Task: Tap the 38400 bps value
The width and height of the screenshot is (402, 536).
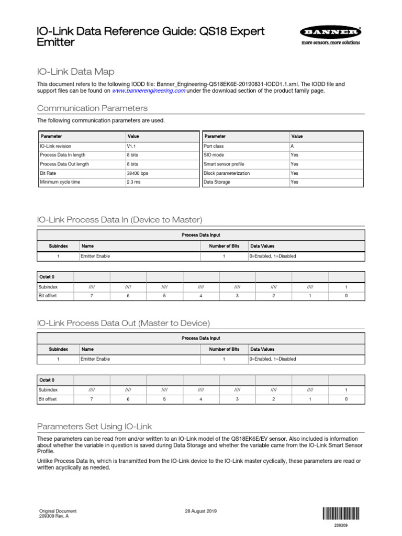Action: click(x=137, y=173)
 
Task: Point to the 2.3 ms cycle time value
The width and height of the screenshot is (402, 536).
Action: click(x=133, y=182)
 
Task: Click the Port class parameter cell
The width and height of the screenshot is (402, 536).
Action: click(x=214, y=146)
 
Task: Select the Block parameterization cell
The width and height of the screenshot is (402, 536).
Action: click(x=227, y=173)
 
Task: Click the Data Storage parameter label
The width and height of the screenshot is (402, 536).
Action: click(x=217, y=182)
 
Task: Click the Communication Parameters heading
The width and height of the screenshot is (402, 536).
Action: click(x=92, y=108)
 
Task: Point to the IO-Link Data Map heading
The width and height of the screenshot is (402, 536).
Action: click(x=75, y=72)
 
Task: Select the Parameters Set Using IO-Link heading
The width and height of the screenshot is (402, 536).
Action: click(x=94, y=427)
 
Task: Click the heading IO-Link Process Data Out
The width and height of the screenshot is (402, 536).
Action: click(x=124, y=323)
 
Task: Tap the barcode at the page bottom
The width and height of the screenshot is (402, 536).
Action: click(x=341, y=513)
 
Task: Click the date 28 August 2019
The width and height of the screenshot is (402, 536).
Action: click(x=201, y=511)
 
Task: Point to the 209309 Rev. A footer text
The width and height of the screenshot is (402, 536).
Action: click(x=54, y=516)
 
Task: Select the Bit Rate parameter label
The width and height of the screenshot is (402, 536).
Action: click(x=48, y=173)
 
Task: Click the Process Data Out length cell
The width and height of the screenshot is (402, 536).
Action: click(x=64, y=164)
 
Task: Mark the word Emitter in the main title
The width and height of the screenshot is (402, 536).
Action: click(x=55, y=42)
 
